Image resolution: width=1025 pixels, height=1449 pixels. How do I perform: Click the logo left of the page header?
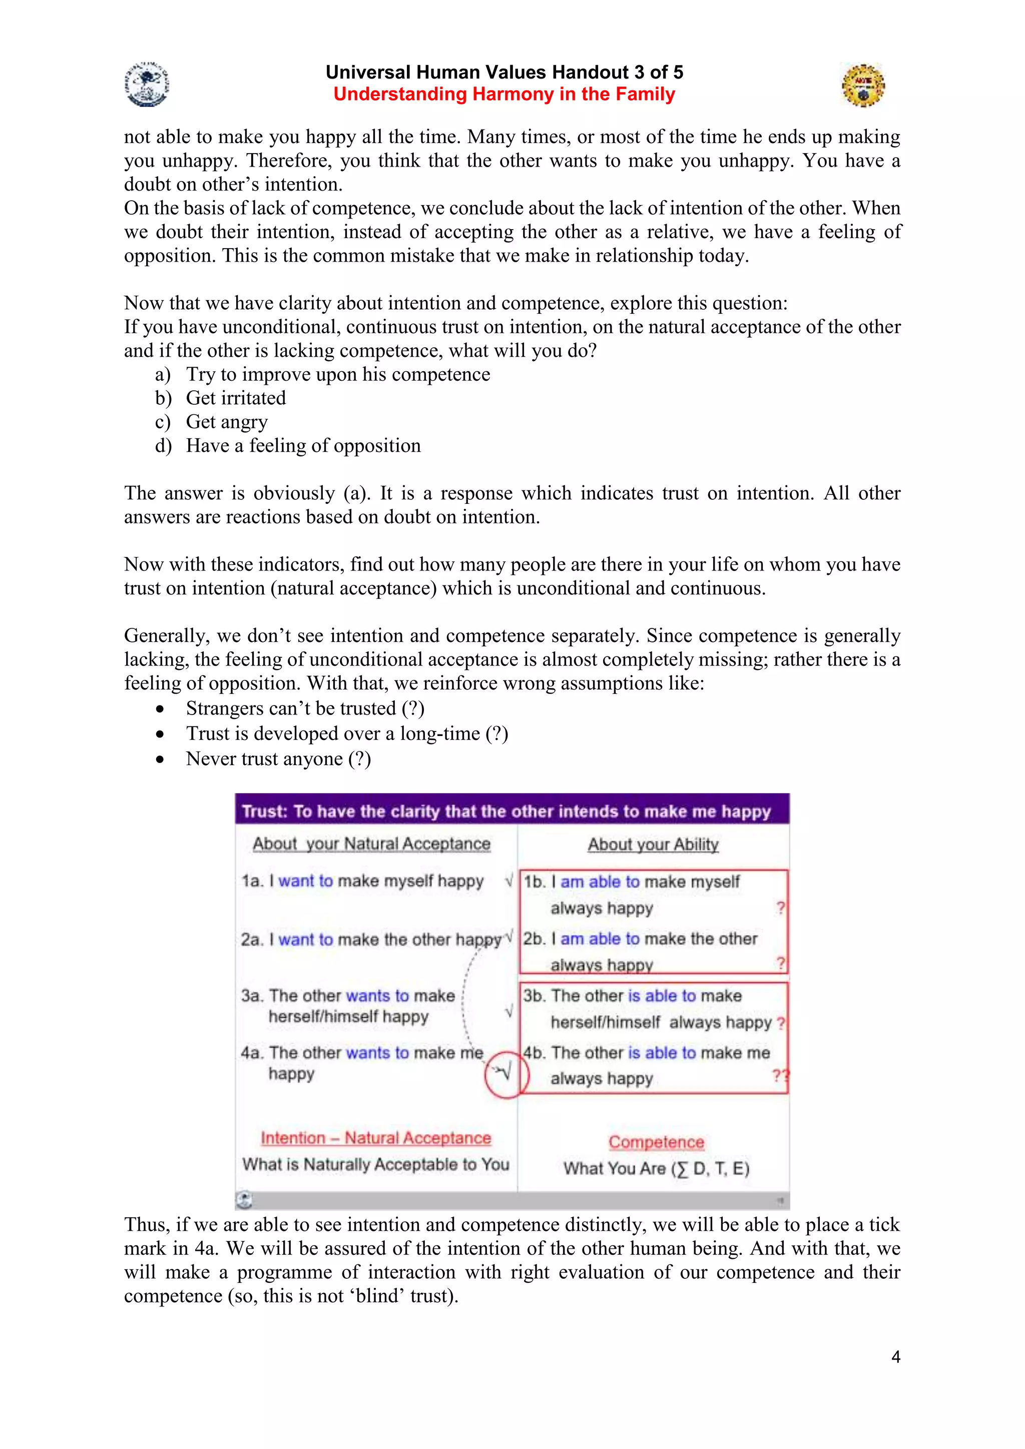click(147, 84)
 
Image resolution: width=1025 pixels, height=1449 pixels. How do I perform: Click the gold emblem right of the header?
click(863, 85)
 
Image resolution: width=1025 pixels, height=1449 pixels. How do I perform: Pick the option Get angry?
click(227, 422)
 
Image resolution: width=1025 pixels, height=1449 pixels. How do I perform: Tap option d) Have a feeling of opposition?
click(303, 445)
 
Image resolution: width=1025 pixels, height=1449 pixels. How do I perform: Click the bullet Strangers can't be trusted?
click(304, 708)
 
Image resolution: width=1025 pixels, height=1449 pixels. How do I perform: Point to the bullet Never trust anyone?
click(278, 759)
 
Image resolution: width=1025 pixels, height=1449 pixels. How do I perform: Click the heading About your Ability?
click(653, 845)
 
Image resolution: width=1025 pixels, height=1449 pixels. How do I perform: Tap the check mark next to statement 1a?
click(508, 881)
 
